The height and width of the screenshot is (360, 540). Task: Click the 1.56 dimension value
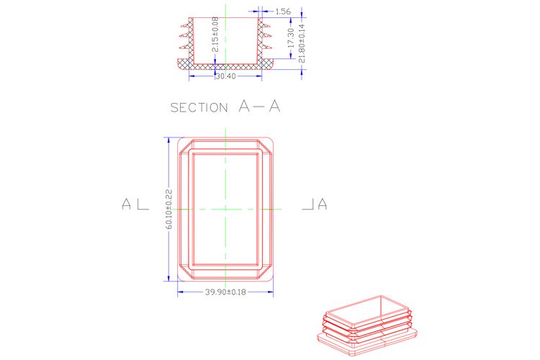point(283,12)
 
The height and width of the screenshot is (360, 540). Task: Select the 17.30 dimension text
point(291,38)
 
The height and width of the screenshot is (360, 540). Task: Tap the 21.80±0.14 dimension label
point(302,43)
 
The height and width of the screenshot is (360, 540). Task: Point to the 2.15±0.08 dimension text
point(215,35)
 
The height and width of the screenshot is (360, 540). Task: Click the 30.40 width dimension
point(226,76)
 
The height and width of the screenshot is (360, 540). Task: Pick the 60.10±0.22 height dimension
point(168,209)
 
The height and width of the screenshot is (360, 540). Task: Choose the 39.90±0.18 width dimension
point(225,292)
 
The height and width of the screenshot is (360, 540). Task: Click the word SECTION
point(199,107)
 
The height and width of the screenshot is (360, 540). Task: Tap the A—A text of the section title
point(259,106)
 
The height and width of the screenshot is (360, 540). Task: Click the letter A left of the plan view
point(127,204)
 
